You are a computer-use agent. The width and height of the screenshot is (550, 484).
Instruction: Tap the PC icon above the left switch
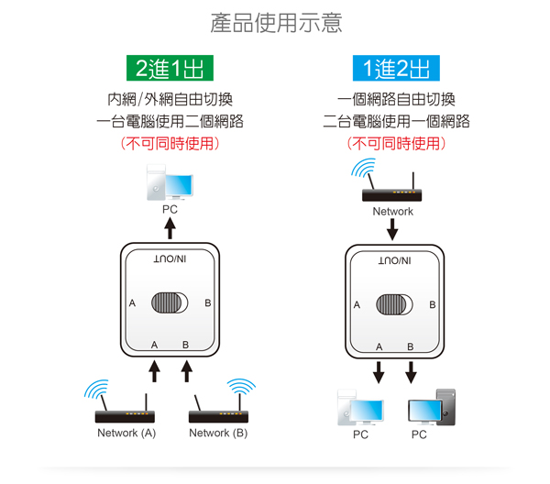[170, 185]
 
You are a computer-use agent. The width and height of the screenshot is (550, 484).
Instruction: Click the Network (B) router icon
[220, 405]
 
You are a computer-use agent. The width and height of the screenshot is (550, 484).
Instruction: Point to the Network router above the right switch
[390, 185]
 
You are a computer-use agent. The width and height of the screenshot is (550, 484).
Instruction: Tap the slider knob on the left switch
[170, 303]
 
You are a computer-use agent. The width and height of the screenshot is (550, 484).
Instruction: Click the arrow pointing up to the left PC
[170, 229]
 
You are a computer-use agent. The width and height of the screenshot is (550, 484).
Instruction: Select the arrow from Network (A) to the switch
[155, 369]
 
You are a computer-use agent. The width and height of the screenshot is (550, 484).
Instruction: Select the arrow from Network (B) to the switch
[187, 369]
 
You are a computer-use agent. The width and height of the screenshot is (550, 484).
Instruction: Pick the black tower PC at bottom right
[431, 407]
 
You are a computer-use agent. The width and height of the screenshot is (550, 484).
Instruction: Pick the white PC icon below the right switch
[360, 407]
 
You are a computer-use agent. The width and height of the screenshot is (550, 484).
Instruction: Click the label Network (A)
[126, 434]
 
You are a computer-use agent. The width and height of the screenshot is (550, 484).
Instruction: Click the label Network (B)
[217, 434]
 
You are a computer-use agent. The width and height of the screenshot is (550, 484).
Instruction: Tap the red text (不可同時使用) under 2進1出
[170, 144]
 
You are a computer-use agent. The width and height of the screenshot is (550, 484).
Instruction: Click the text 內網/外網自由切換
[170, 99]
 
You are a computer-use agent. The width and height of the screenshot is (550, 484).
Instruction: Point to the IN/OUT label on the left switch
[170, 260]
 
